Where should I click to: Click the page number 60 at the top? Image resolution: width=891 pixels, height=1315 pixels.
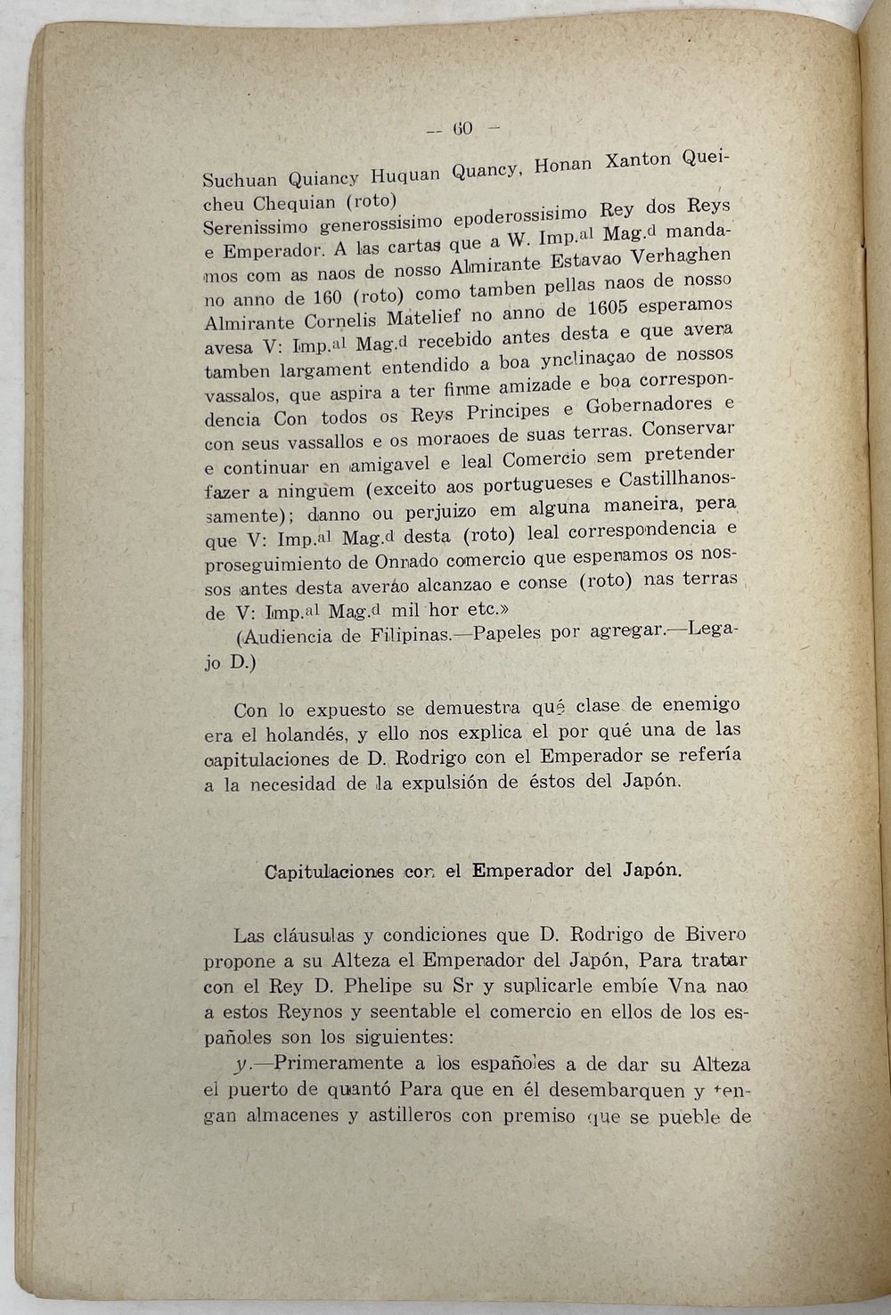pyautogui.click(x=462, y=127)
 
